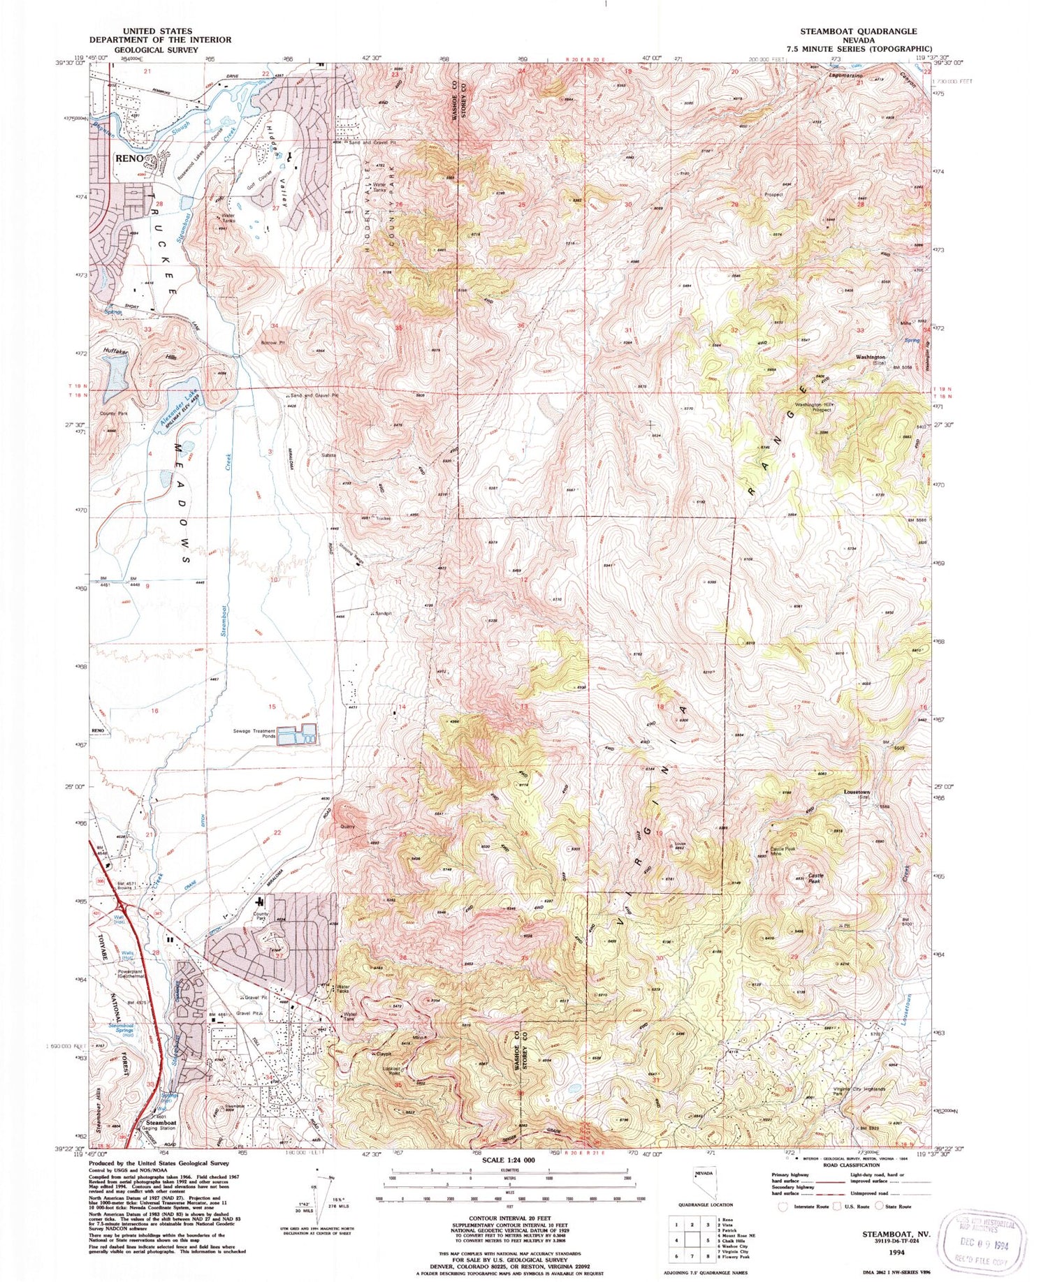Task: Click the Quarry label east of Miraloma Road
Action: click(348, 826)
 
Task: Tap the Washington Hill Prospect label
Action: click(813, 407)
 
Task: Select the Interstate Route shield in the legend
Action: click(783, 1206)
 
